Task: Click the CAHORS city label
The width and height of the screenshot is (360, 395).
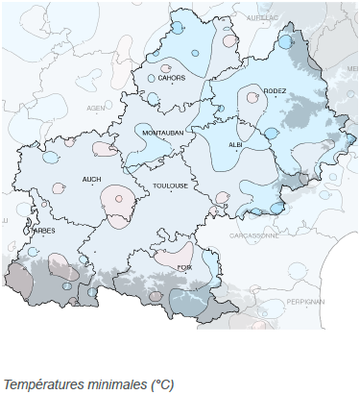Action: [x=172, y=78]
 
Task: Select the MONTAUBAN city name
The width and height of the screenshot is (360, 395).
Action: [x=162, y=132]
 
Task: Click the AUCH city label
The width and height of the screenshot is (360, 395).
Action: [x=92, y=179]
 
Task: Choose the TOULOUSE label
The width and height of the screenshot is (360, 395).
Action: [x=169, y=185]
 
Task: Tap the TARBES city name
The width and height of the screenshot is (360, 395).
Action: [x=43, y=231]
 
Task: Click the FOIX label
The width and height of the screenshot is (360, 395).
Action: [x=184, y=281]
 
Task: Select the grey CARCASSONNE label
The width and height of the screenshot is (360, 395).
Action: [x=253, y=234]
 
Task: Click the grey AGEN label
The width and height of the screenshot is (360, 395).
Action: [x=96, y=108]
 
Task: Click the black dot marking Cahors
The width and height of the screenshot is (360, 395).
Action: [x=175, y=85]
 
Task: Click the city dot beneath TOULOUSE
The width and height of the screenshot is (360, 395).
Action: [x=171, y=192]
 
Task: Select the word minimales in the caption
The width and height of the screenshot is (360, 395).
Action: [x=113, y=383]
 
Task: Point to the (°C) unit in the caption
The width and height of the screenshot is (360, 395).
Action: [x=160, y=383]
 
